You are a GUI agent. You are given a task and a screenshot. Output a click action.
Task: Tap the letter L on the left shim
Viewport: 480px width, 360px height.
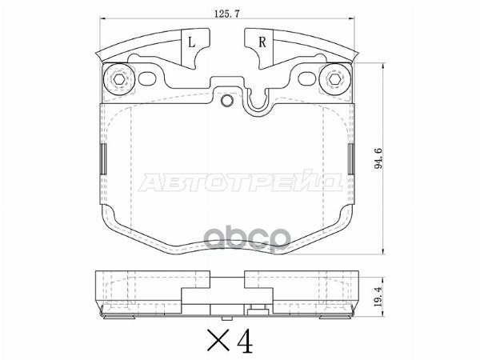click(191, 42)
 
